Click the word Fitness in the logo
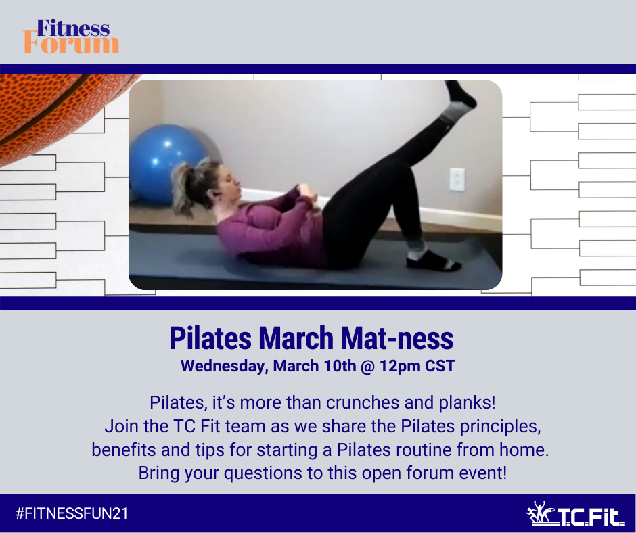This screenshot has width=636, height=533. click(73, 28)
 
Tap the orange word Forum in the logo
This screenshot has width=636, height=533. click(72, 44)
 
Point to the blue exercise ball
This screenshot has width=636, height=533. click(166, 164)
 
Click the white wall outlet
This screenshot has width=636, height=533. click(457, 179)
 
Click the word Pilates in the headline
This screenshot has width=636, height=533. click(210, 338)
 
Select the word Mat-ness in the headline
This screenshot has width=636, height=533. click(396, 338)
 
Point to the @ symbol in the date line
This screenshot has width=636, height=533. click(367, 367)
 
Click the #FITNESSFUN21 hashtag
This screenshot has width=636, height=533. click(72, 513)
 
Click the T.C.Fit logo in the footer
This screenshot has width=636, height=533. click(575, 514)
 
